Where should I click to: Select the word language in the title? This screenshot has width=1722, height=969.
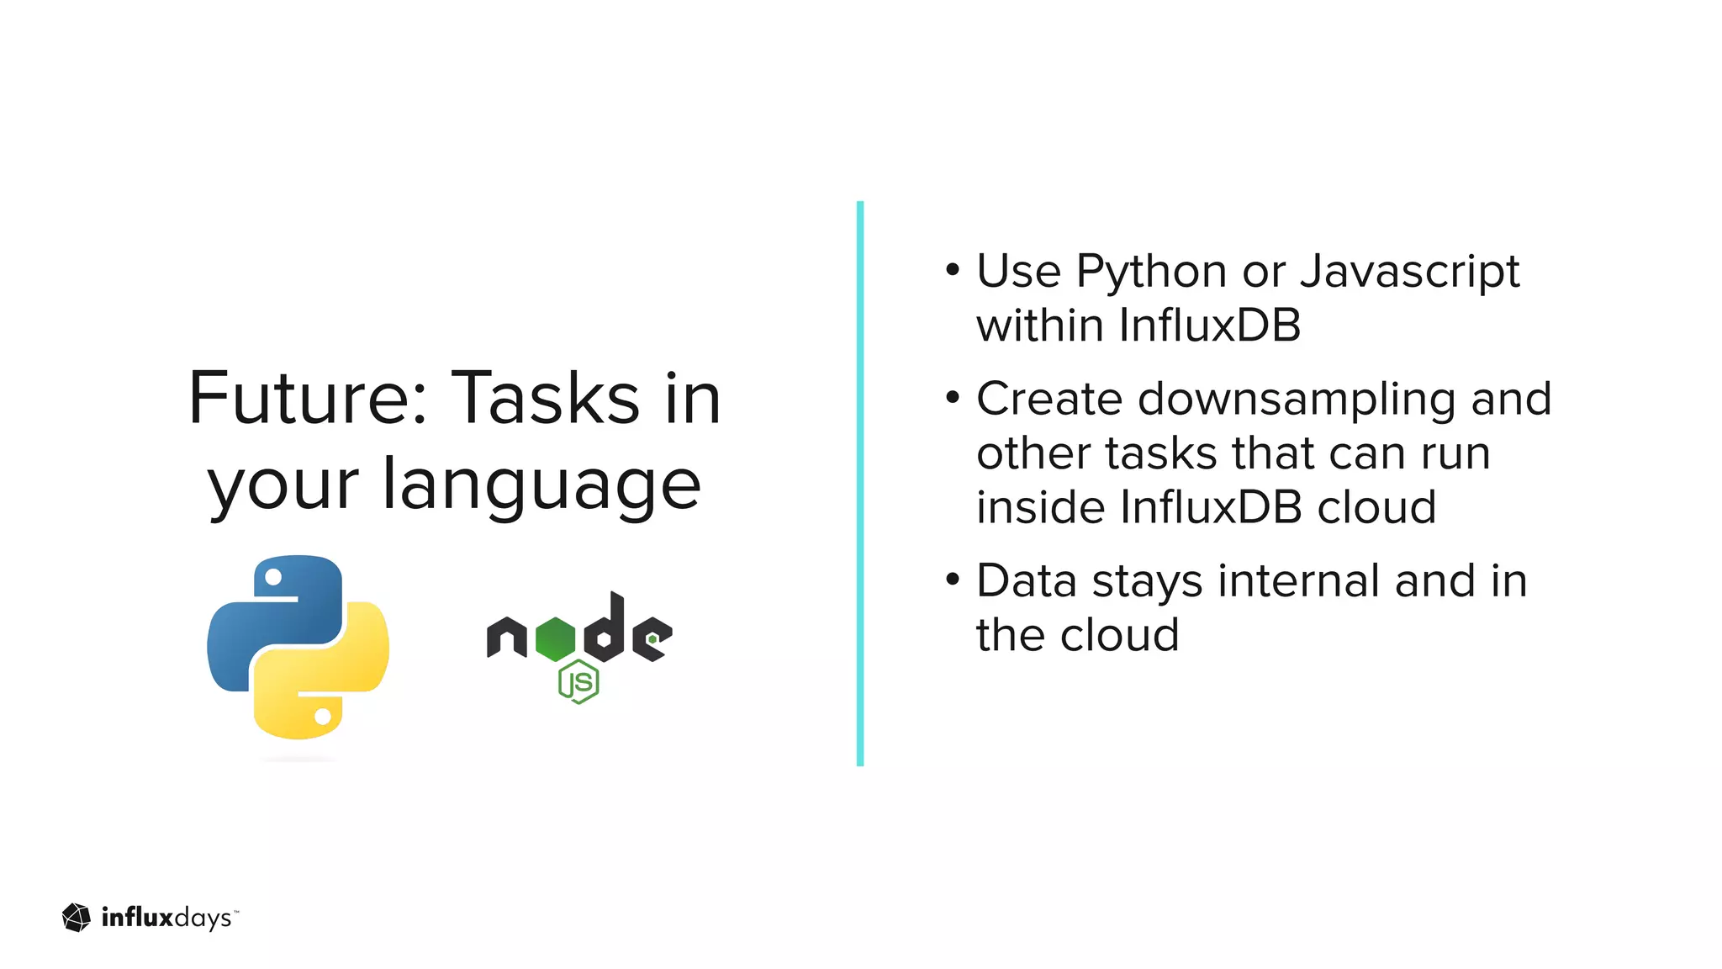coord(541,486)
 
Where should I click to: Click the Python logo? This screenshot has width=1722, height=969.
coord(298,647)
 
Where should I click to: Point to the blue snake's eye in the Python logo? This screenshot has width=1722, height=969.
coord(273,577)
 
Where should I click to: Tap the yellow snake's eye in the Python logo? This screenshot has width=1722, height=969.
coord(323,717)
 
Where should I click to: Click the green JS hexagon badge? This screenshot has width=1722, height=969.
coord(578,682)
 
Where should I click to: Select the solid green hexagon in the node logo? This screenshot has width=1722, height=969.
coord(555,638)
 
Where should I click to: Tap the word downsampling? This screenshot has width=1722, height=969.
coord(1296,399)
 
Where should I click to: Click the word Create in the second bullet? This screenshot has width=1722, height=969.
coord(1049,399)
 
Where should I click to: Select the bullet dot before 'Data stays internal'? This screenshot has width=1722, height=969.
coord(952,580)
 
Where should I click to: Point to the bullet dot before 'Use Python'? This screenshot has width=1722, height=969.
coord(952,270)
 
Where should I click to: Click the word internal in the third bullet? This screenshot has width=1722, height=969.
coord(1298,581)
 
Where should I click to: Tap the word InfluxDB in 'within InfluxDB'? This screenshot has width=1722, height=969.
coord(1210,326)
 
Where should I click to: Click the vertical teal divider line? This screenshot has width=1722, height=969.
coord(860,484)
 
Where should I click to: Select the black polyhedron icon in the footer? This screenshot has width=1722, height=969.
coord(77,918)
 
